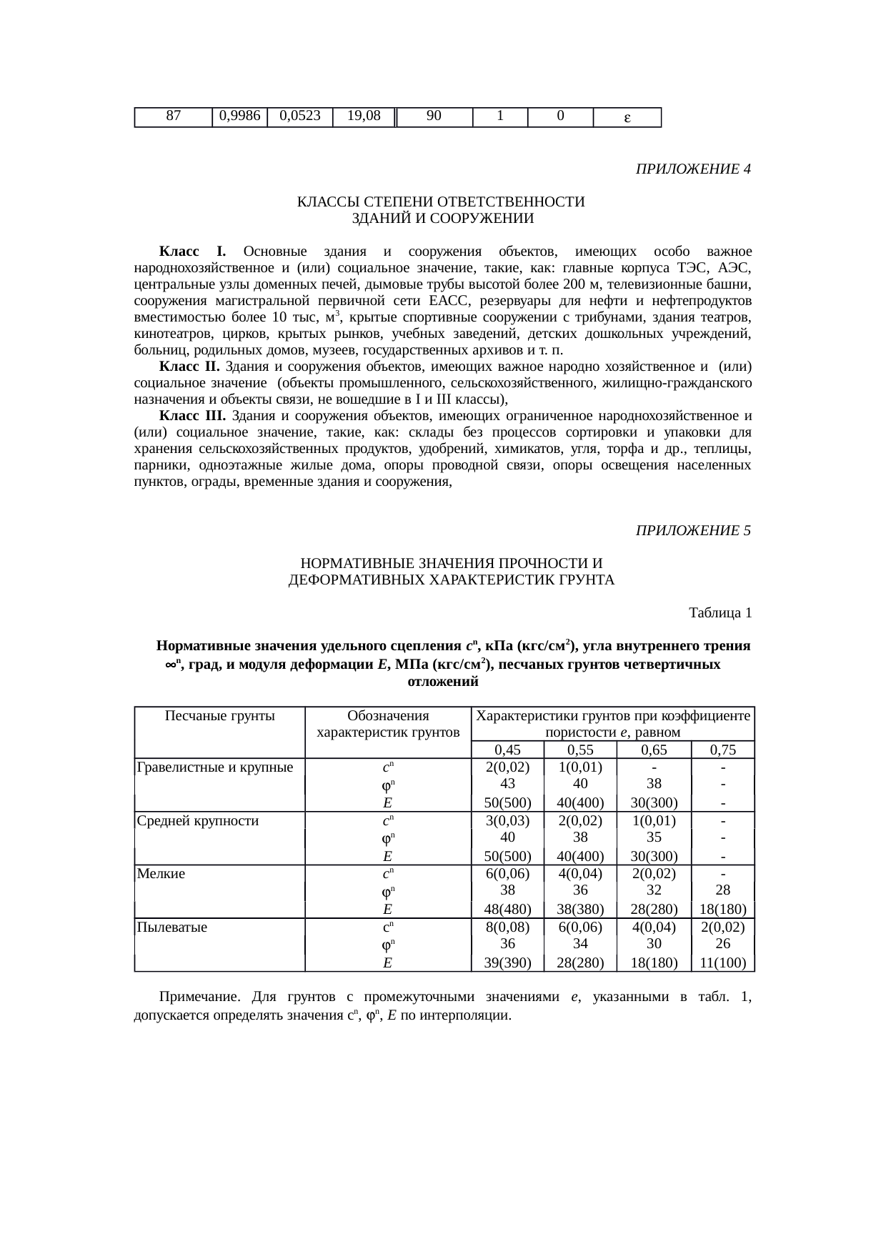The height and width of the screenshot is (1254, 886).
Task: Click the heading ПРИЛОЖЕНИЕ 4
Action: click(x=692, y=169)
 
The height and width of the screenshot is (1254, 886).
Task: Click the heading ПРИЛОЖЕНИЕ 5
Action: click(x=692, y=531)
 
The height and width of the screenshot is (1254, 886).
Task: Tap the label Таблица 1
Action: click(x=719, y=613)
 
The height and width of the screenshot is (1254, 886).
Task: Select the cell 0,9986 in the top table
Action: click(x=239, y=116)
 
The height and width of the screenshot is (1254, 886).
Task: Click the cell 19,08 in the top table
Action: click(x=363, y=116)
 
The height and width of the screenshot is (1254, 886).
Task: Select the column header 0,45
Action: click(x=507, y=750)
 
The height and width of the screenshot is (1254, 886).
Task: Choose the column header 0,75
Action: click(x=723, y=750)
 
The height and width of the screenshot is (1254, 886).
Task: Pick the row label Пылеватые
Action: click(x=172, y=927)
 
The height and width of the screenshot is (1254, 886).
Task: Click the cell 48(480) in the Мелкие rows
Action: click(x=507, y=910)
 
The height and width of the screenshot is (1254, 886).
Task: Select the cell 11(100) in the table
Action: click(x=723, y=963)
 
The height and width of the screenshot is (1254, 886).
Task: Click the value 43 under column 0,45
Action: click(x=507, y=784)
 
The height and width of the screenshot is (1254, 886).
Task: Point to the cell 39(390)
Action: click(x=507, y=963)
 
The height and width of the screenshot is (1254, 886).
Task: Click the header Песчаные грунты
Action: click(x=219, y=716)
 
